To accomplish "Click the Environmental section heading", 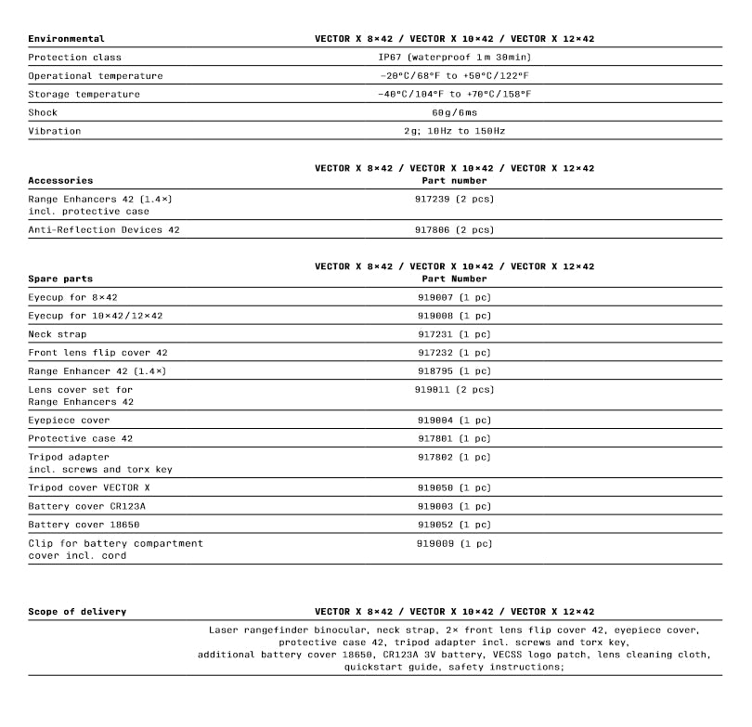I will (66, 39).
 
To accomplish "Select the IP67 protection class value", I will (454, 58).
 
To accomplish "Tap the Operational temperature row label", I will (95, 76).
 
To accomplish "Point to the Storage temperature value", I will (454, 95).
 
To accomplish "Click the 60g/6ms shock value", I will (454, 113).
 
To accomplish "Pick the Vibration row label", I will (54, 132).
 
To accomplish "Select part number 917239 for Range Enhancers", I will (454, 199).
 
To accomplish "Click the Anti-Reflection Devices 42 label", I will (104, 230).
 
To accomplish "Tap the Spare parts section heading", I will (60, 279).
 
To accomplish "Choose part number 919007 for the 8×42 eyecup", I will (454, 297).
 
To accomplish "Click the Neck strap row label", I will (58, 334).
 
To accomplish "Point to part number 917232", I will (454, 353).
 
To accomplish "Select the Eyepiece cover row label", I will (69, 421).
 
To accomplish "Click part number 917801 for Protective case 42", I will (454, 439).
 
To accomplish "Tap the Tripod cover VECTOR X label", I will (88, 488).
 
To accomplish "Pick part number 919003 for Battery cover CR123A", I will (454, 507).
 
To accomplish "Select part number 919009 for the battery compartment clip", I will (454, 544).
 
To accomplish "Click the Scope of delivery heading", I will (77, 612).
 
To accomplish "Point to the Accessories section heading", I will (60, 180).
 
